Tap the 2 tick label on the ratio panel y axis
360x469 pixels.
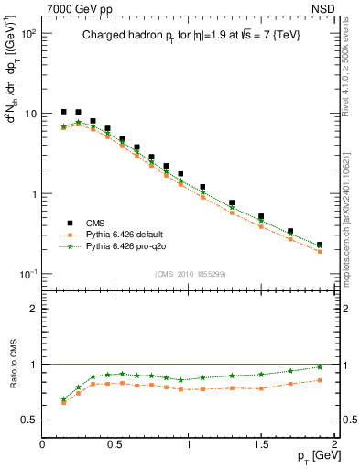pyautogui.click(x=33, y=309)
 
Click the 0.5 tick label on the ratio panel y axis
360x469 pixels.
pyautogui.click(x=28, y=420)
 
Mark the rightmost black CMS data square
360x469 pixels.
pyautogui.click(x=320, y=245)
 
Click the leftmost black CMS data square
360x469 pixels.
pyautogui.click(x=63, y=112)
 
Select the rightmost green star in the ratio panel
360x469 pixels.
pyautogui.click(x=320, y=367)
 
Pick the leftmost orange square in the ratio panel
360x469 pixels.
pyautogui.click(x=63, y=402)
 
